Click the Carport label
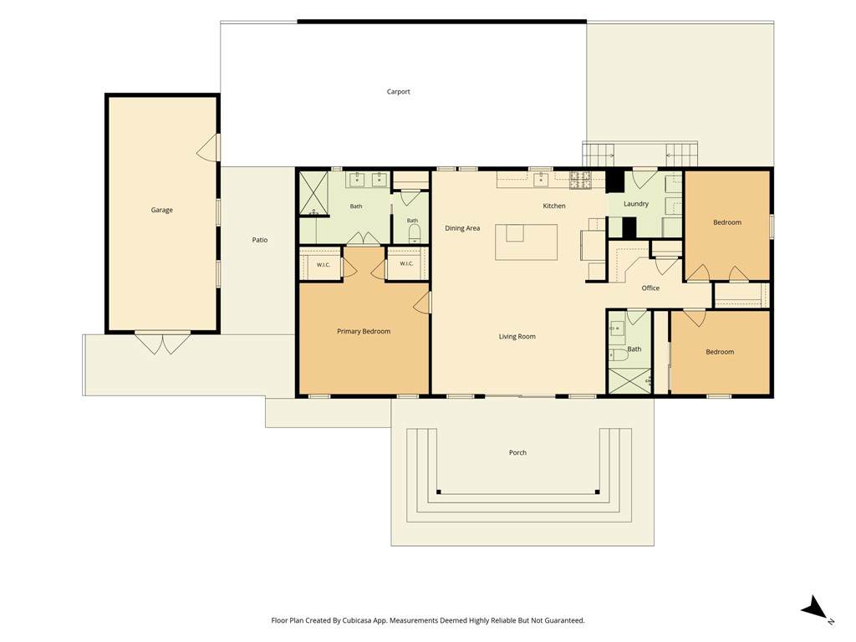[x=398, y=92]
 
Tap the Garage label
[x=161, y=210]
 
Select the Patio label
[x=260, y=240]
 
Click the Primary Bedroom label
[x=364, y=331]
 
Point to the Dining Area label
[x=462, y=228]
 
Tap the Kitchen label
[x=554, y=206]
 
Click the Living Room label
[x=517, y=336]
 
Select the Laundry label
[x=636, y=204]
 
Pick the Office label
[x=650, y=288]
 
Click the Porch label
[x=517, y=452]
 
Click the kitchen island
[x=527, y=242]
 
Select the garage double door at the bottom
[x=163, y=343]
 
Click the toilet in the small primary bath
[x=413, y=232]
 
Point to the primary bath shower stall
[x=313, y=194]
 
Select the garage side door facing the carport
[x=208, y=148]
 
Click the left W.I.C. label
[x=324, y=265]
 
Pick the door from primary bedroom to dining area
[x=422, y=303]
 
